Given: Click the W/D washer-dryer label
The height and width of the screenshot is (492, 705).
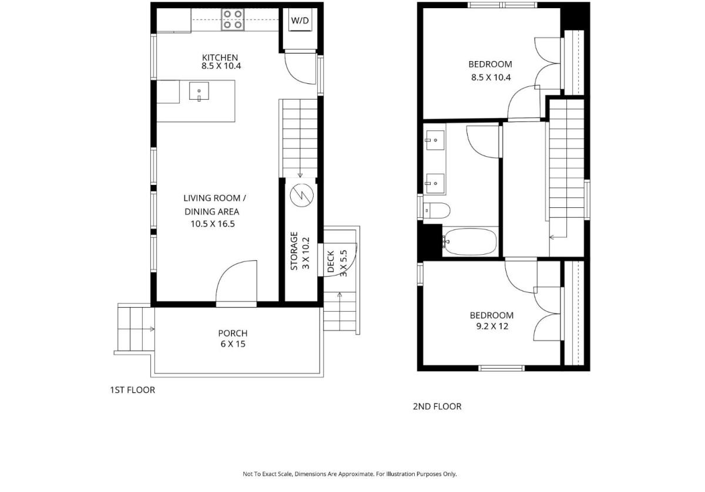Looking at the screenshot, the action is (300, 21).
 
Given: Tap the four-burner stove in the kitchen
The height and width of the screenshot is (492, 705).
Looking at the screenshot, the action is (233, 19).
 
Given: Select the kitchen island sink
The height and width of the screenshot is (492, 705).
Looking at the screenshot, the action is (199, 91).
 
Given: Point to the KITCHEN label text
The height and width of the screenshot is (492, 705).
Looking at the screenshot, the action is (220, 58).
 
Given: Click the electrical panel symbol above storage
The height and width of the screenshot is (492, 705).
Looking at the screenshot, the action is (301, 196).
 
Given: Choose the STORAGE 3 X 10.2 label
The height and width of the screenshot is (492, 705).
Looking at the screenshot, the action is (300, 251).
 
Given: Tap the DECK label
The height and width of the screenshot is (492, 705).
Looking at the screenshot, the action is (330, 261).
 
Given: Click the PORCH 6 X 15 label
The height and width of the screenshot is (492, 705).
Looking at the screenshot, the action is (233, 338).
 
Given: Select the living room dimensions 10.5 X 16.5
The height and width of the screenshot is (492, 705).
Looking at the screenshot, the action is (213, 224).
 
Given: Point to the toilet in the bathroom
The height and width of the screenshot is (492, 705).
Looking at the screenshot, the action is (437, 210).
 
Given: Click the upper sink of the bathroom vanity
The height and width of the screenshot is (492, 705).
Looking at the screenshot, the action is (435, 140).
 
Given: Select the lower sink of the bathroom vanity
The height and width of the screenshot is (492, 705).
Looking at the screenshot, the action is (435, 183).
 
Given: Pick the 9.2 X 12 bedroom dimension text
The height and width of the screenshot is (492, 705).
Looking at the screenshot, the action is (492, 326).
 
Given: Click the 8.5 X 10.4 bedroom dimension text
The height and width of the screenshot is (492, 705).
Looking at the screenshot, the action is (491, 77).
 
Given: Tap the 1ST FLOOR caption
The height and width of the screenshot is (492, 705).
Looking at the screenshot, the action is (133, 390).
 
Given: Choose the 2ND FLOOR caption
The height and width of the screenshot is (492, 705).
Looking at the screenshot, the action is (437, 406).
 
